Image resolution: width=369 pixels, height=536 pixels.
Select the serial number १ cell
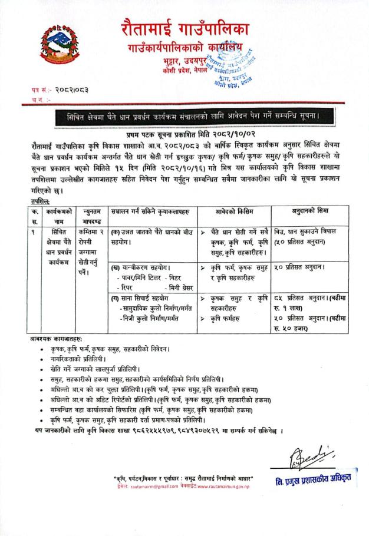[37, 232]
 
